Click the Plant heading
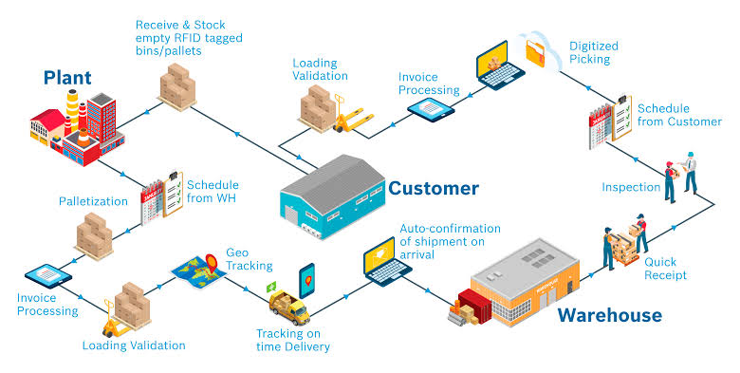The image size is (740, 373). click(67, 78)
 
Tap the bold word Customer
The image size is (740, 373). click(434, 188)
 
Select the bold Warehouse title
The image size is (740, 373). click(610, 315)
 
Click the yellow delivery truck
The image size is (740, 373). click(289, 308)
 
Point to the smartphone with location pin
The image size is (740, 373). click(306, 280)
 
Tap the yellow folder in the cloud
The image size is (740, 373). click(536, 51)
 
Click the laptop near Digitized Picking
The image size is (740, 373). click(499, 65)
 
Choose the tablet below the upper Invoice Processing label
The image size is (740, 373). click(431, 110)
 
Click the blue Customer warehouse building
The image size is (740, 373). click(333, 196)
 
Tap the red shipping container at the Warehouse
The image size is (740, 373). click(475, 306)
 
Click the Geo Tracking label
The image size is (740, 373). click(250, 259)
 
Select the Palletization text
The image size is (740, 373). click(93, 201)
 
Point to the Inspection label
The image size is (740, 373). click(631, 187)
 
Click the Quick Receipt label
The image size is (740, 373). click(665, 269)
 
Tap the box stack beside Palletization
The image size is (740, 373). click(95, 235)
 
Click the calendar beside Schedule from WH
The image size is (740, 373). click(152, 202)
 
